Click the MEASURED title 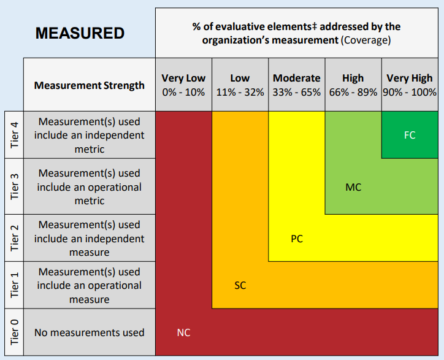click(x=80, y=33)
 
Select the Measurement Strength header click(x=90, y=85)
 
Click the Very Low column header click(x=183, y=79)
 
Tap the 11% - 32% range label click(x=240, y=93)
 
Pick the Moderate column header click(x=297, y=79)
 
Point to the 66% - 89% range click(x=353, y=93)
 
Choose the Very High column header click(x=410, y=79)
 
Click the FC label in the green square click(x=410, y=135)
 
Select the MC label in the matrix click(x=353, y=187)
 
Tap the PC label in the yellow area click(x=297, y=239)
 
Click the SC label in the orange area click(x=240, y=286)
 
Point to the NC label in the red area click(x=183, y=333)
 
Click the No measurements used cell click(x=90, y=332)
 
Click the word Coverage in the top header click(x=366, y=40)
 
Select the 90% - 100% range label click(x=410, y=93)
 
